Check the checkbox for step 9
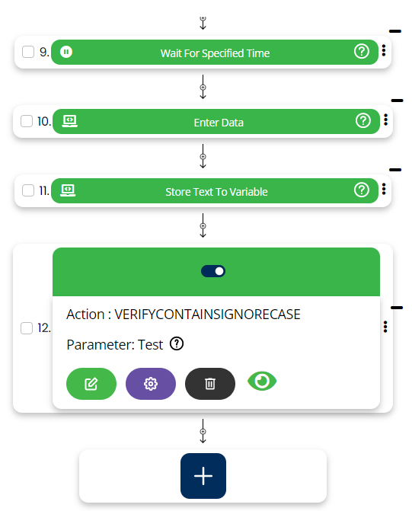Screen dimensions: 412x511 [x=28, y=52]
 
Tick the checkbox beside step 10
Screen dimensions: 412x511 [x=27, y=121]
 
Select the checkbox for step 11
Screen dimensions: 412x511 [x=28, y=190]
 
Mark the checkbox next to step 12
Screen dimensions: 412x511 [x=27, y=328]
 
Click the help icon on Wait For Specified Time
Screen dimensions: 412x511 [x=362, y=52]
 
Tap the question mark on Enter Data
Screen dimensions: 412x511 [x=363, y=120]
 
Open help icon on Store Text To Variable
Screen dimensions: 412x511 [x=362, y=190]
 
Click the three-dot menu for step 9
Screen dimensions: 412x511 [x=384, y=50]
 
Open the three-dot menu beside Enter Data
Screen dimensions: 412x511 [x=385, y=120]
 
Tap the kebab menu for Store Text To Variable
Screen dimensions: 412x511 [x=384, y=189]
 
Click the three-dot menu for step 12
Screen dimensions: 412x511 [x=385, y=327]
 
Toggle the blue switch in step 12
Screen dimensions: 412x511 [x=213, y=271]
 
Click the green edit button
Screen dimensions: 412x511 [x=91, y=384]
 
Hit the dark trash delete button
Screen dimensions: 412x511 [x=210, y=384]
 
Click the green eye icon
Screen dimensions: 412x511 [x=262, y=381]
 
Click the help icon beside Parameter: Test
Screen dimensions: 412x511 [x=177, y=343]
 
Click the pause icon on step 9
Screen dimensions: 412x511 [x=66, y=52]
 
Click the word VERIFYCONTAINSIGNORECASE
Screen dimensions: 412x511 [x=207, y=315]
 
